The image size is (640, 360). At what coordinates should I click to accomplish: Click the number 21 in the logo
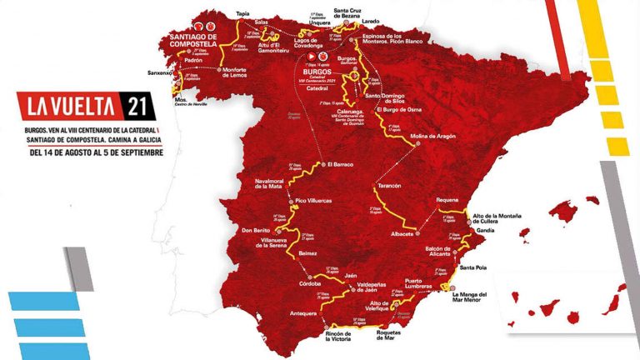pos(137,107)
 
